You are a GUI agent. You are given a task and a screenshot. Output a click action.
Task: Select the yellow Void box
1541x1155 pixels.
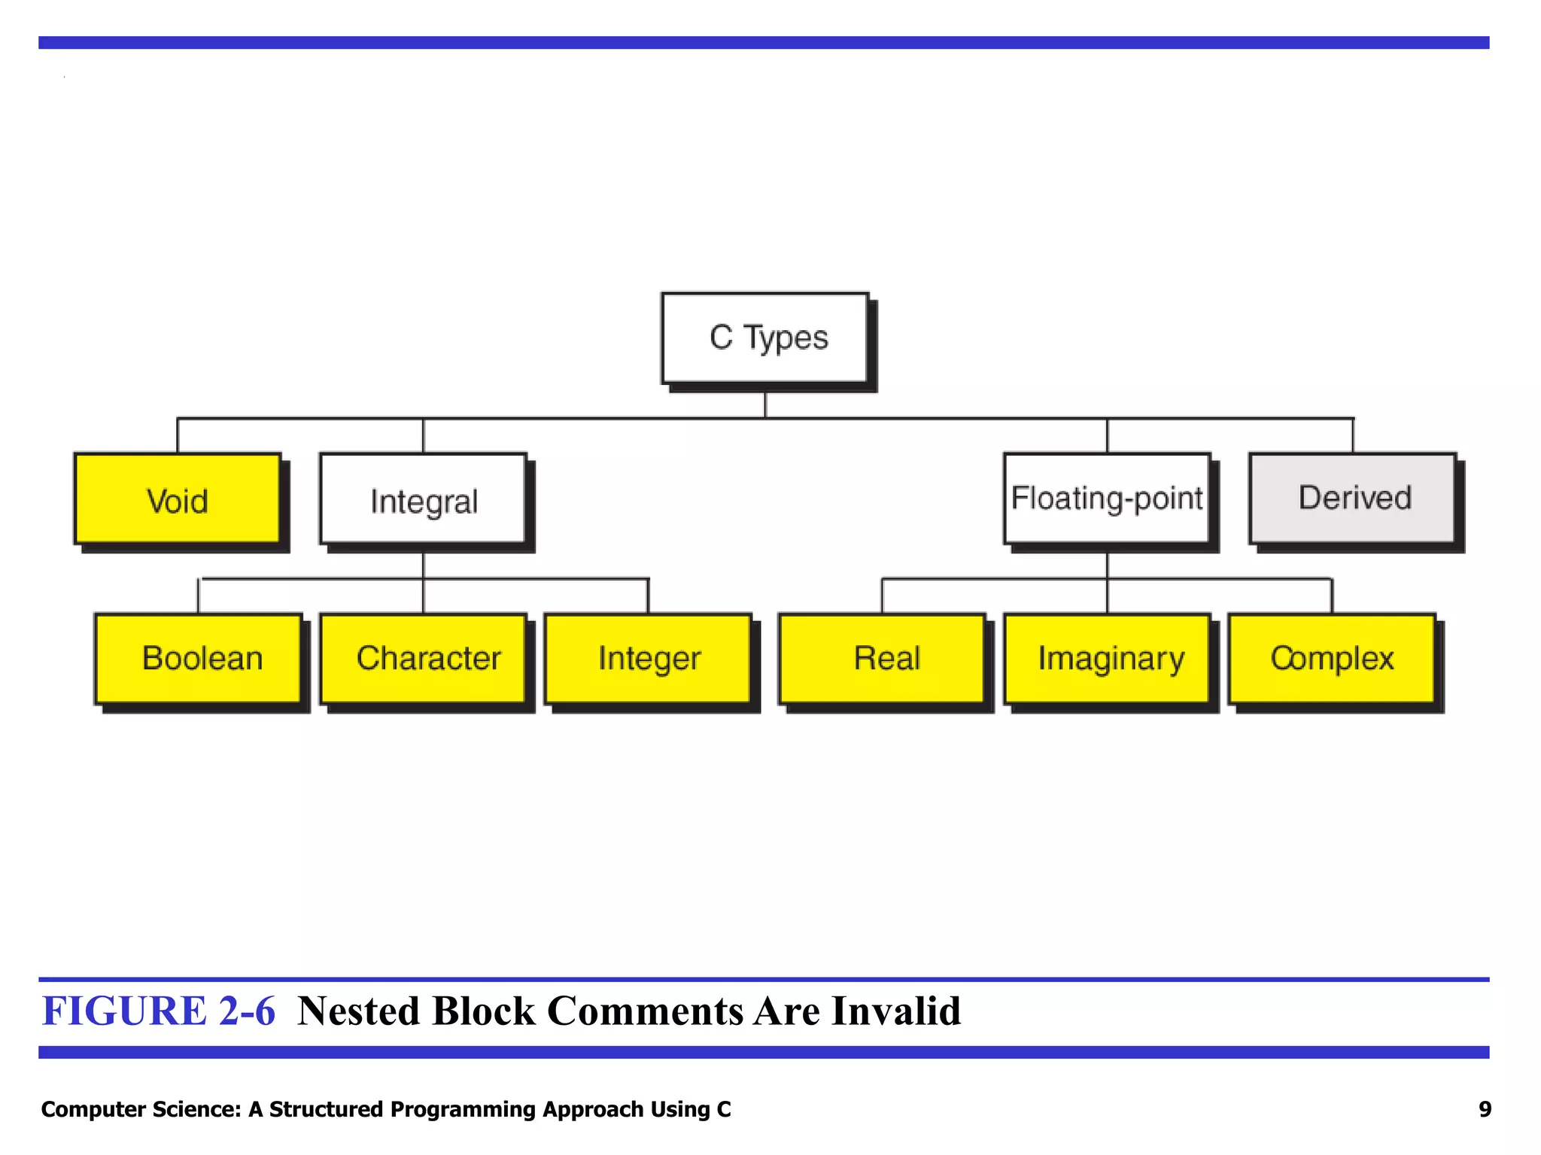pos(178,499)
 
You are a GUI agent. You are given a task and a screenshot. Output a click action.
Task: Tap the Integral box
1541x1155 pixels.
pos(424,499)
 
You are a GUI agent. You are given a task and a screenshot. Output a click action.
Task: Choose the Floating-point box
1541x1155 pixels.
pos(1107,499)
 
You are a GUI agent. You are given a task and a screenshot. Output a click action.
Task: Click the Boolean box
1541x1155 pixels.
pos(199,659)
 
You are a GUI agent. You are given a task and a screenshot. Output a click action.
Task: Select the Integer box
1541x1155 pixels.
pos(649,659)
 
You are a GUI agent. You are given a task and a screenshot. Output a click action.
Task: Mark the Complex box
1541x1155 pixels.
pos(1332,659)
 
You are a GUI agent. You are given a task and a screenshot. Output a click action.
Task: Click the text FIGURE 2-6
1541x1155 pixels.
pos(159,1011)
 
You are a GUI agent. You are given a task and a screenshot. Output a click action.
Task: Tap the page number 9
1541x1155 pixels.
pos(1485,1109)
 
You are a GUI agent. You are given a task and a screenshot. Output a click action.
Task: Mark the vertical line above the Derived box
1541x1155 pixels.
pos(1353,435)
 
